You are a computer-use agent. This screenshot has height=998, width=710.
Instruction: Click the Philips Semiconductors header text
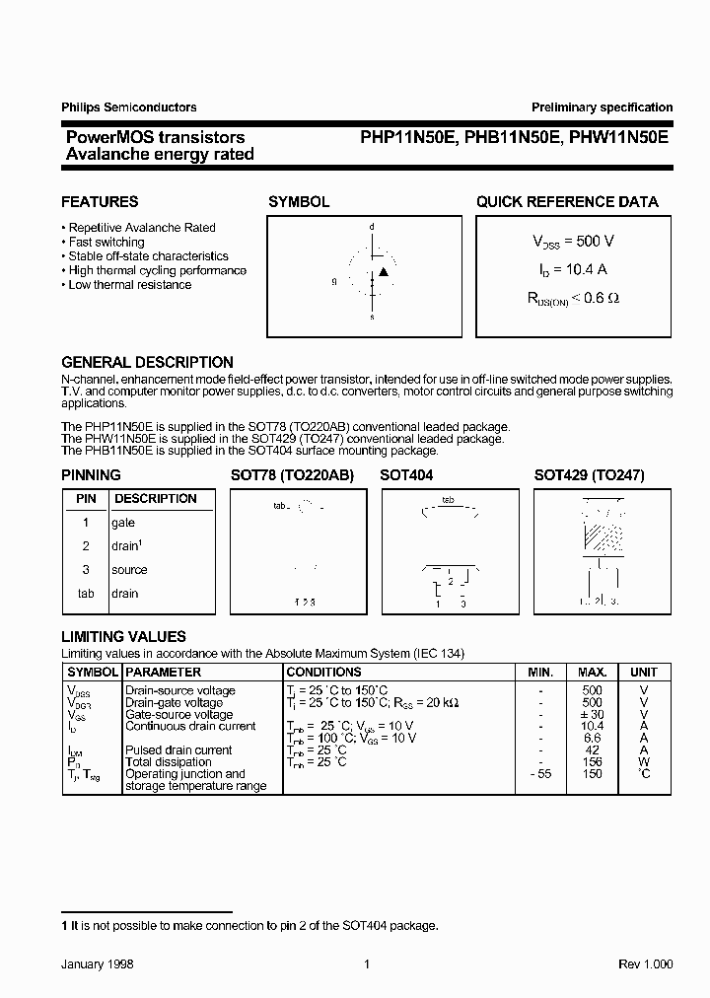click(129, 107)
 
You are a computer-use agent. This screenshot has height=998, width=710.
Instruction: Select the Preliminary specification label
click(602, 107)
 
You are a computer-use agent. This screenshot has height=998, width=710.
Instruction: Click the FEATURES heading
click(100, 201)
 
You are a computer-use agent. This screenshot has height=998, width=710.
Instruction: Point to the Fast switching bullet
click(106, 242)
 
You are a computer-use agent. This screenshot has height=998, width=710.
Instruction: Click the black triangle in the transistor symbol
click(385, 271)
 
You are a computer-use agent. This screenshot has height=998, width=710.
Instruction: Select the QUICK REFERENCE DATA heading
click(567, 201)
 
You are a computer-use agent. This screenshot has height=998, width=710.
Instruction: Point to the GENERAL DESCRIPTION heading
click(147, 362)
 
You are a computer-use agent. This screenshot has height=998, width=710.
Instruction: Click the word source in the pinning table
click(129, 570)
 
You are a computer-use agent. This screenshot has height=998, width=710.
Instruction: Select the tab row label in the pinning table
click(86, 594)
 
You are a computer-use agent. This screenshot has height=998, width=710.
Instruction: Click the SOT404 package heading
click(406, 475)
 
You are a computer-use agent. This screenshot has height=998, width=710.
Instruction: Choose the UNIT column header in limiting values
click(643, 672)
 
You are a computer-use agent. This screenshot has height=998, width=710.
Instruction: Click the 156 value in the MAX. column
click(593, 761)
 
